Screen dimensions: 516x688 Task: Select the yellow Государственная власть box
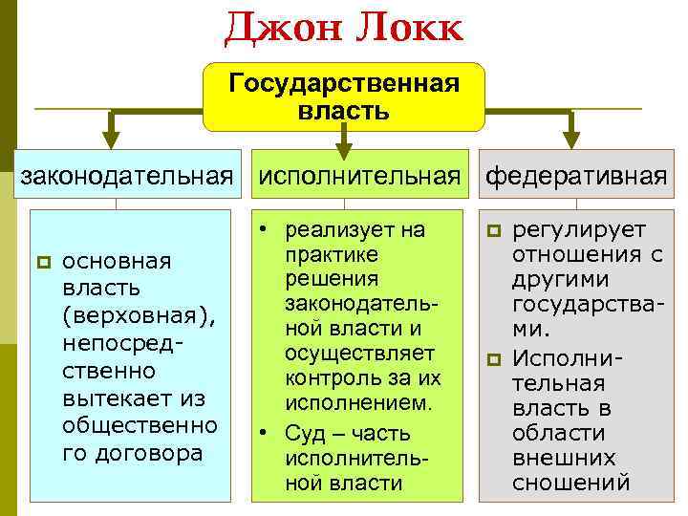[344, 97]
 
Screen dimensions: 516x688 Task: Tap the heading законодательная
[127, 175]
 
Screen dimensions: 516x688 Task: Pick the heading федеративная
[576, 175]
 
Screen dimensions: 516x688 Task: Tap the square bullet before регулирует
[493, 230]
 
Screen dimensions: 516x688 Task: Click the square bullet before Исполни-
[493, 359]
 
